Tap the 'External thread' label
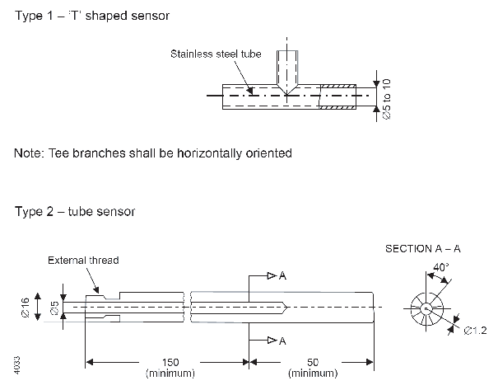coord(82,261)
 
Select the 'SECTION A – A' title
coord(423,248)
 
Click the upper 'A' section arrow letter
coord(282,276)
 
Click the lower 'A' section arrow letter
coord(282,341)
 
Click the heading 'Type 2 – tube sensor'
coord(75,211)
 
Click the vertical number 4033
coord(18,364)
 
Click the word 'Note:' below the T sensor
coord(30,153)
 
